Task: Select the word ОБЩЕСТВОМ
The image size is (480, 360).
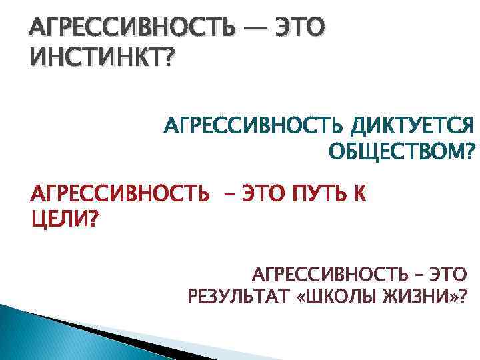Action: pos(393,153)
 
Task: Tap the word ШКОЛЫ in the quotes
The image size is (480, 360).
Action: pos(341,295)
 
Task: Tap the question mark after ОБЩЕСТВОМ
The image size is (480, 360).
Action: pos(472,153)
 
